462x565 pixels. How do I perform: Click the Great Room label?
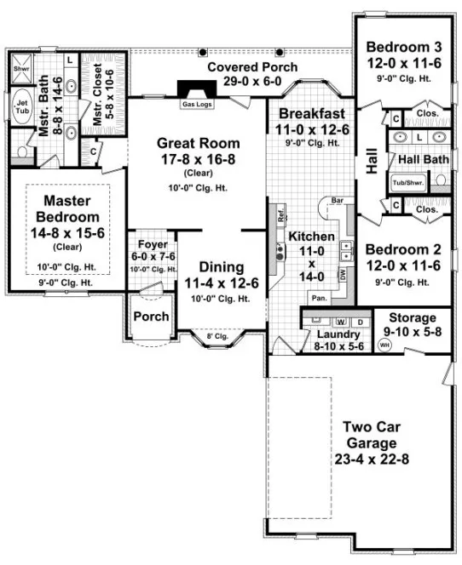pyautogui.click(x=197, y=143)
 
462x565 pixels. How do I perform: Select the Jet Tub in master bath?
pyautogui.click(x=22, y=106)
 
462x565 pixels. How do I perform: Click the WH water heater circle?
pyautogui.click(x=384, y=345)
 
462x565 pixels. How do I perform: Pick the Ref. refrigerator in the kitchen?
pyautogui.click(x=279, y=214)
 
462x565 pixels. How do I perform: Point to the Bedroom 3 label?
pyautogui.click(x=402, y=47)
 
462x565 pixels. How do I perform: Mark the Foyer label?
pyautogui.click(x=153, y=244)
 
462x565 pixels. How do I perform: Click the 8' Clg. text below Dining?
pyautogui.click(x=217, y=337)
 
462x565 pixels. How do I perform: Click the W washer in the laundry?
pyautogui.click(x=341, y=322)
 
